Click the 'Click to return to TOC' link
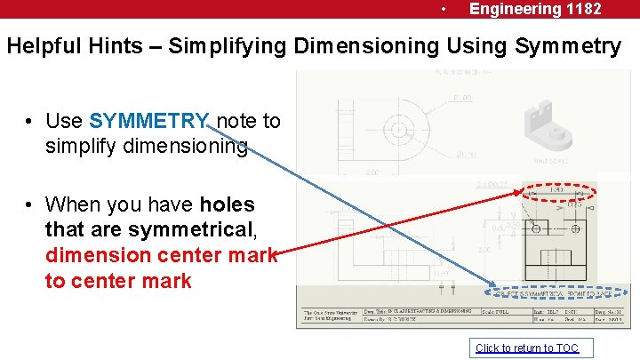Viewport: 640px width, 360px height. pos(526,348)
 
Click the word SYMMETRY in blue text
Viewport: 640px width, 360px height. pos(149,121)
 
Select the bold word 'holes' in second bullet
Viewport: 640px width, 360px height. pos(227,205)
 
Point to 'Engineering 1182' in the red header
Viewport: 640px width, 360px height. pos(535,9)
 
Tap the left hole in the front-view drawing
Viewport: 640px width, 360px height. pos(537,229)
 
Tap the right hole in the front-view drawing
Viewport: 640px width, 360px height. pos(578,229)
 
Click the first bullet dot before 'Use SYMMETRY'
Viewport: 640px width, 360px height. pos(30,122)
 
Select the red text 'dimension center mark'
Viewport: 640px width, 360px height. pos(161,256)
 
